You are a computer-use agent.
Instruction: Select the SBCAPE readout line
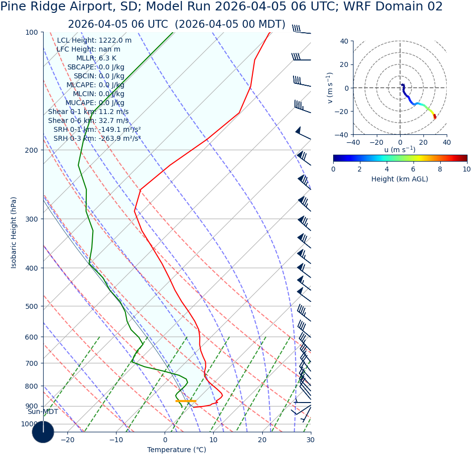pyautogui.click(x=96, y=67)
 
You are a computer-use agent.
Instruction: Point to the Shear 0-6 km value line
pyautogui.click(x=88, y=121)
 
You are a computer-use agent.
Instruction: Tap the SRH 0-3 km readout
pyautogui.click(x=97, y=139)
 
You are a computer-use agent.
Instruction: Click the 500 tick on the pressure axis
pyautogui.click(x=31, y=306)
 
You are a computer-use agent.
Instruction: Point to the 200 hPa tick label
pyautogui.click(x=31, y=150)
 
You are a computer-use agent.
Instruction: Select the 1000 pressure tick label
pyautogui.click(x=29, y=424)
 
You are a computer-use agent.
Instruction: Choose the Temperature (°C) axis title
pyautogui.click(x=177, y=450)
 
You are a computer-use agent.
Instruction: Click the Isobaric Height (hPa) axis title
pyautogui.click(x=14, y=232)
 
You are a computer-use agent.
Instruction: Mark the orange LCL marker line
pyautogui.click(x=185, y=401)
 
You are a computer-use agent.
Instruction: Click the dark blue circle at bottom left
pyautogui.click(x=43, y=432)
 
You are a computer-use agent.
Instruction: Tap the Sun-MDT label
pyautogui.click(x=43, y=412)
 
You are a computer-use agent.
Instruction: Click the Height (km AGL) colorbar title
pyautogui.click(x=400, y=179)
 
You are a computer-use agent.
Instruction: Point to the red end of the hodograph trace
pyautogui.click(x=435, y=117)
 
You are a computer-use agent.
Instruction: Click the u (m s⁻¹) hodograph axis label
pyautogui.click(x=400, y=150)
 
